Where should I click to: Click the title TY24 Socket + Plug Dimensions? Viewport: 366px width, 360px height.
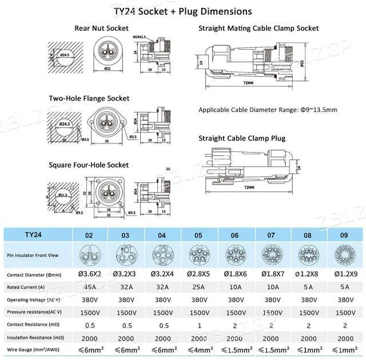[x=183, y=11]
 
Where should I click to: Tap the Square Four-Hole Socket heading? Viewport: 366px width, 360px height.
[x=96, y=165]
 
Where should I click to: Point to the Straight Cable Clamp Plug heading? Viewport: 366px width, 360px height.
[x=242, y=138]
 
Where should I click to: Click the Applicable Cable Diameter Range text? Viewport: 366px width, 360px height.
[x=268, y=110]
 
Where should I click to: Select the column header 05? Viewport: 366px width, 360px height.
[x=198, y=234]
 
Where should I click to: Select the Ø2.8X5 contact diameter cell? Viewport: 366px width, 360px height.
[x=198, y=275]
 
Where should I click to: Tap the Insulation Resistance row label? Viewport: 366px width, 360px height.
[x=35, y=338]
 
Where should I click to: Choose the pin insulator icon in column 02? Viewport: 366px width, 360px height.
[x=90, y=254]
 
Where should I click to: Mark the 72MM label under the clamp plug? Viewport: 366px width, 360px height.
[x=248, y=187]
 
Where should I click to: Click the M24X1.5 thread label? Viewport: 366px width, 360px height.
[x=140, y=37]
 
